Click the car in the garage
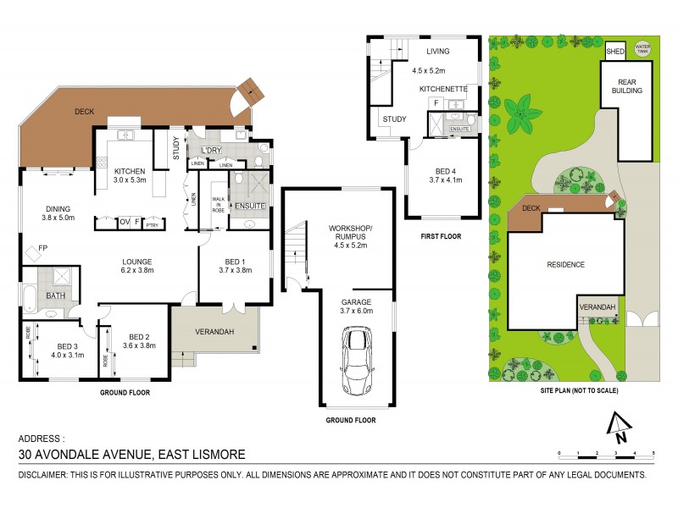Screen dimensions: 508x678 coord(357,361)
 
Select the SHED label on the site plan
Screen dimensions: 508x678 coord(614,52)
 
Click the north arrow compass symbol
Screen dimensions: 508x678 coord(620,428)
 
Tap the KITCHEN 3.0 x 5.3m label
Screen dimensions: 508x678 coord(131,176)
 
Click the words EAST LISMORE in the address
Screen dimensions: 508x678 coord(203,455)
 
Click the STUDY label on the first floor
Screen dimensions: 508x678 coord(394,119)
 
